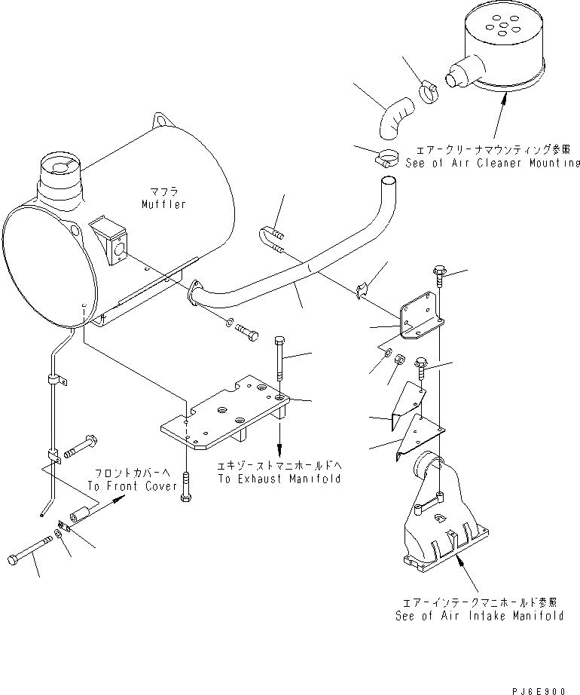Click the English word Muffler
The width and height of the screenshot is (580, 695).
163,204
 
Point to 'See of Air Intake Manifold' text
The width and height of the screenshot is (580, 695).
479,615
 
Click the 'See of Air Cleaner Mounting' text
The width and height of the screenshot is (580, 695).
493,163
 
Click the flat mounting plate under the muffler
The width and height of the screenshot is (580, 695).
226,418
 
